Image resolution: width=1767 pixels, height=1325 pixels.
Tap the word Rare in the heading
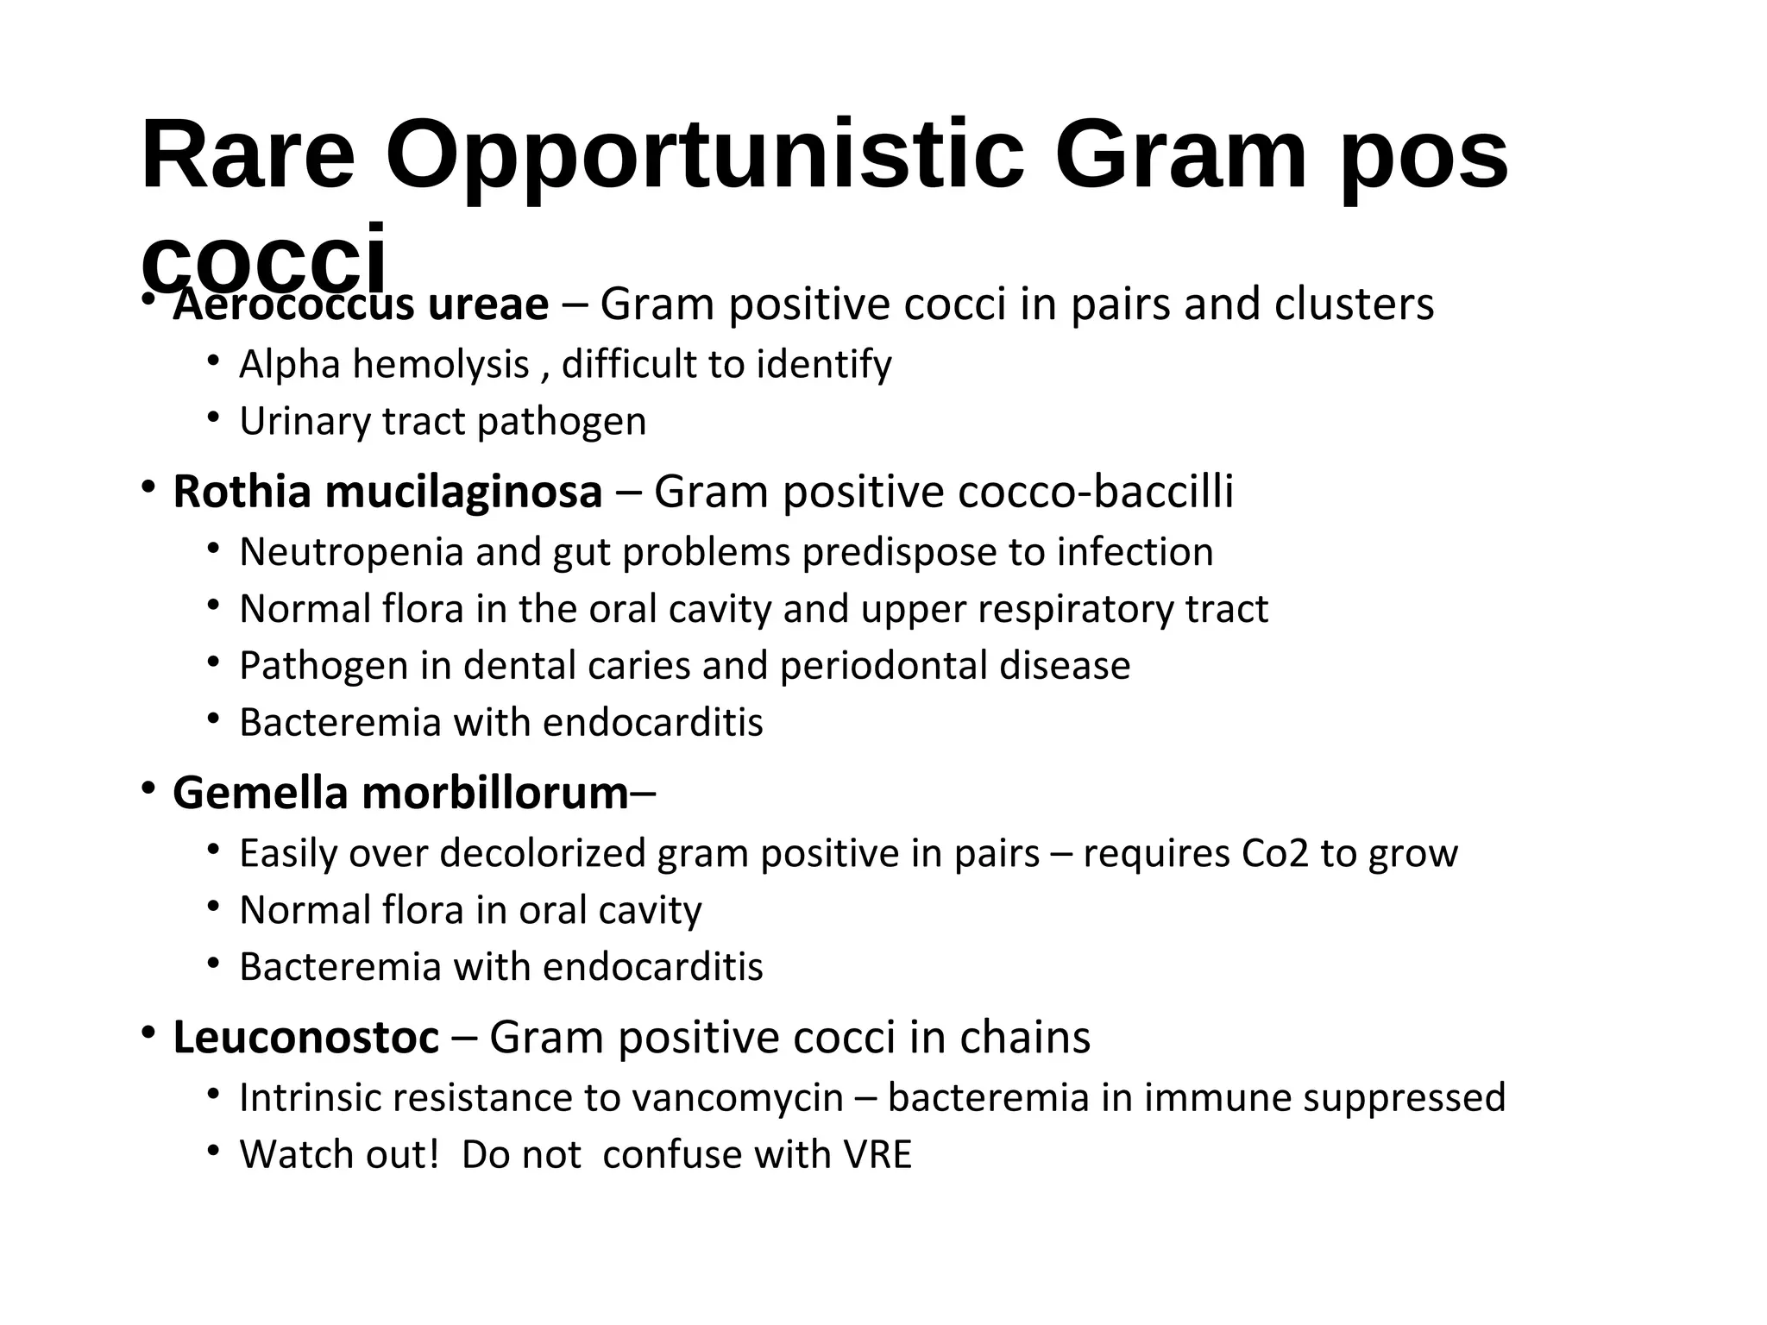[x=248, y=157]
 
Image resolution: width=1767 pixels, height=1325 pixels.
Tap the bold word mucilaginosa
[x=463, y=492]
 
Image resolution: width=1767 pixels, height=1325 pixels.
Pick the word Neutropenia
[x=351, y=552]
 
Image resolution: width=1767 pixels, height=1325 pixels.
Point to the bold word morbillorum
[x=495, y=793]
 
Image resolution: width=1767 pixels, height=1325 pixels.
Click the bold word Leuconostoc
[x=305, y=1037]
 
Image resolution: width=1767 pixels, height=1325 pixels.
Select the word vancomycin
[x=738, y=1098]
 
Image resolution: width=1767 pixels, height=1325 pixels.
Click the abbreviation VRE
[x=877, y=1155]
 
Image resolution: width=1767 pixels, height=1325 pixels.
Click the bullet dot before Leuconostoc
[x=148, y=1032]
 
